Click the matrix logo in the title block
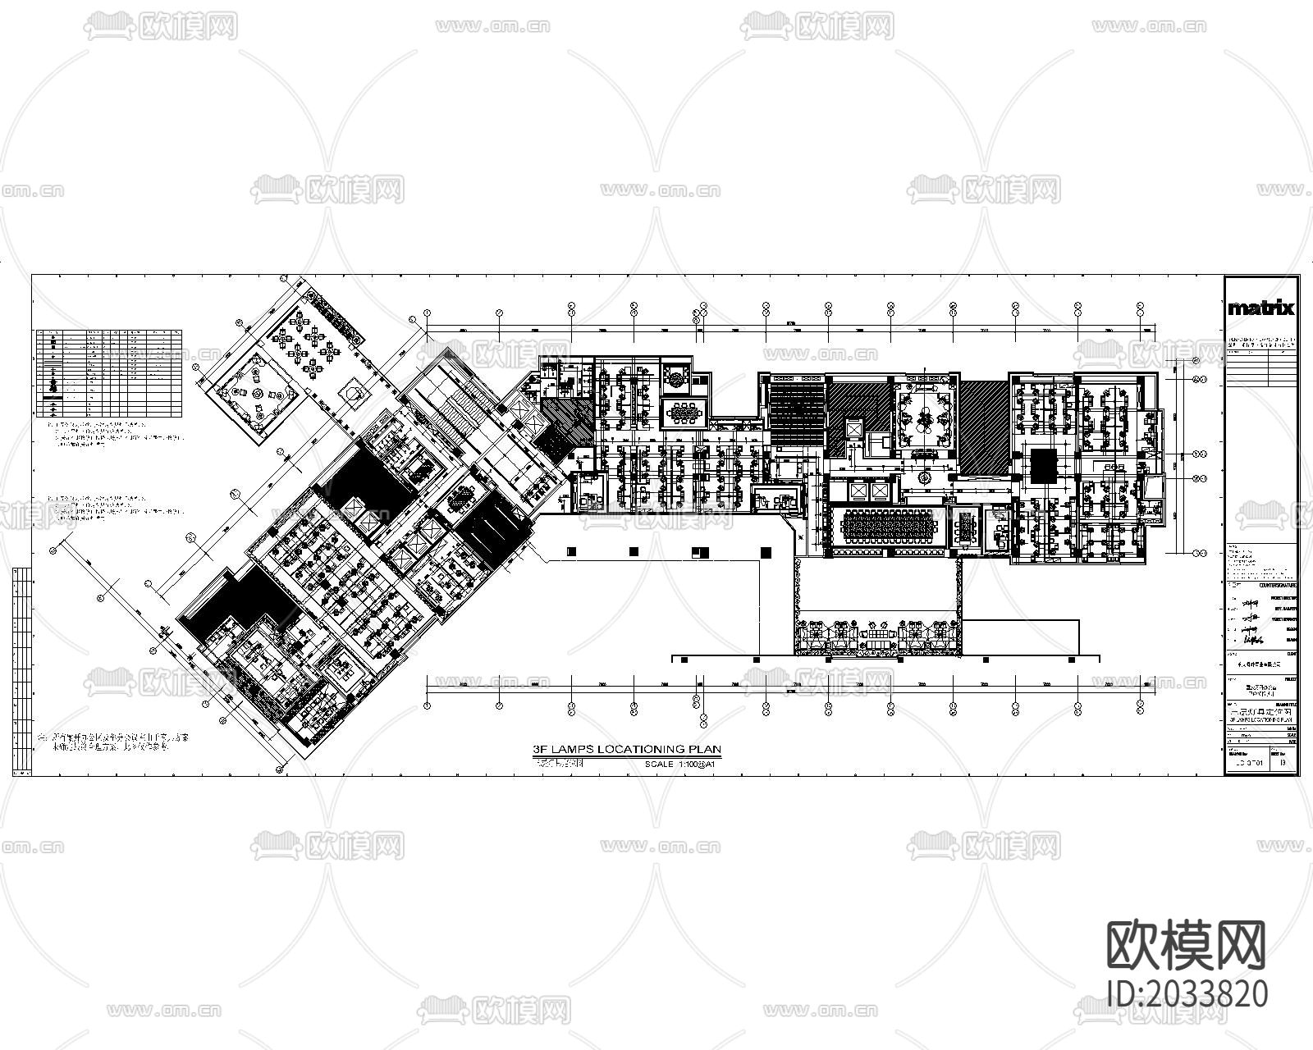pos(1260,308)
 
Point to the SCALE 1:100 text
pos(682,764)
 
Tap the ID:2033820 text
pos(1186,994)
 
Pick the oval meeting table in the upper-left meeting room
pos(683,412)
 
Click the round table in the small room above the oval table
pos(677,379)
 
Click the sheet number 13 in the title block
pos(1283,763)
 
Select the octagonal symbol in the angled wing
pos(352,393)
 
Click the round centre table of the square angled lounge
pos(258,394)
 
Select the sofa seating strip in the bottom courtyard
pos(876,635)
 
